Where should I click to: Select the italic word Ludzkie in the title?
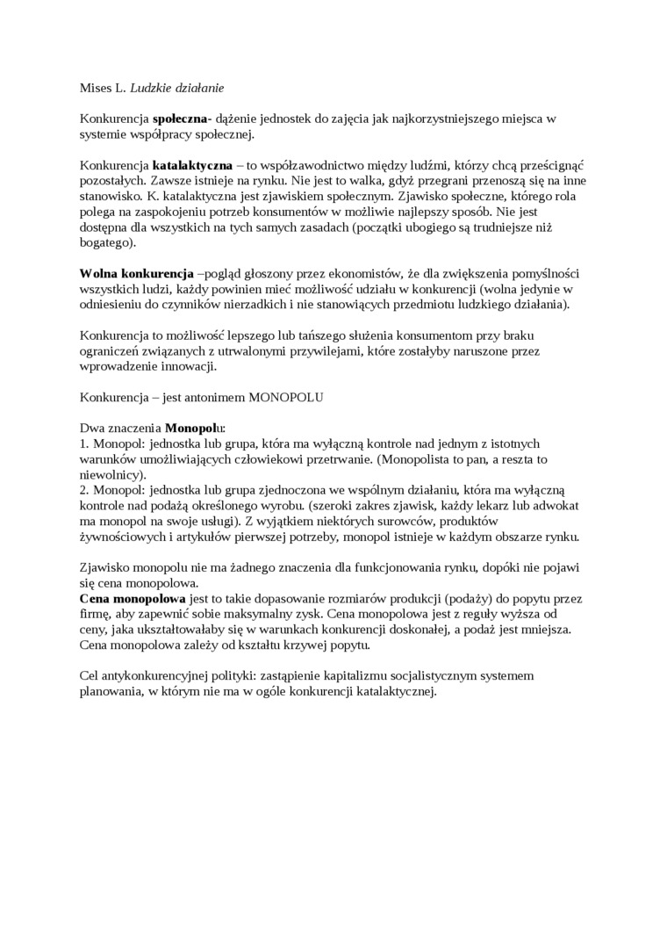pyautogui.click(x=151, y=88)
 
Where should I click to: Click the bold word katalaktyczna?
pyautogui.click(x=192, y=164)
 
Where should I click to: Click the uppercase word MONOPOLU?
pyautogui.click(x=286, y=397)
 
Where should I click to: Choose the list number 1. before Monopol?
pyautogui.click(x=84, y=443)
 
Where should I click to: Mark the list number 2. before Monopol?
pyautogui.click(x=84, y=490)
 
